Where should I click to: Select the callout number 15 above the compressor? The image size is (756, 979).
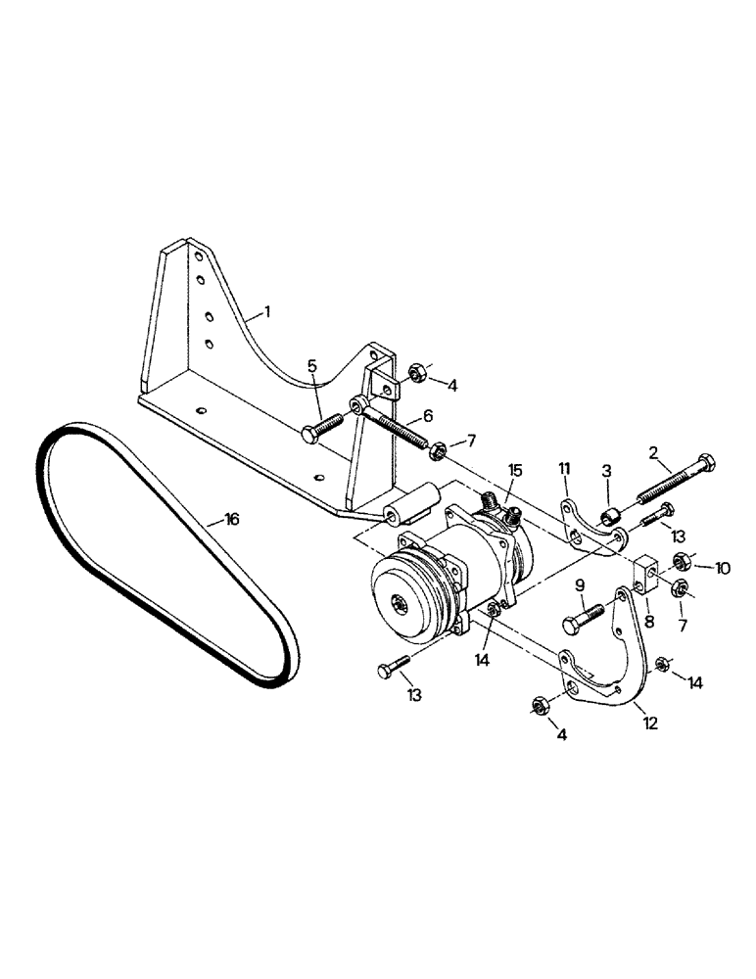pos(515,472)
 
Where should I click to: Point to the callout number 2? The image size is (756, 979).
pos(652,452)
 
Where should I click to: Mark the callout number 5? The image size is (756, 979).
pos(311,366)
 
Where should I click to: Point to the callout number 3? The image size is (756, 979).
pos(606,471)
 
